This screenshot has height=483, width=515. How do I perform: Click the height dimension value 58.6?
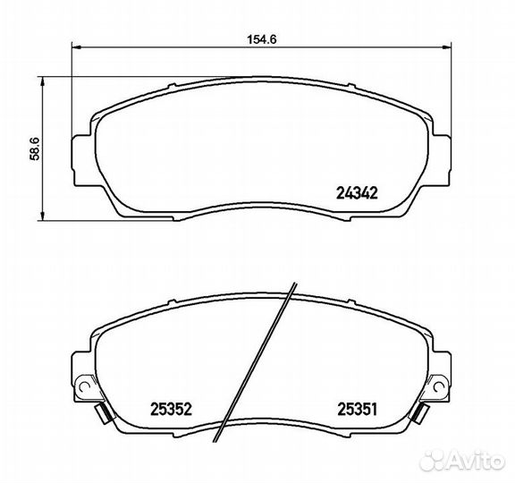[35, 148]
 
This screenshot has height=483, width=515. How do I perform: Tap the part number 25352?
[169, 409]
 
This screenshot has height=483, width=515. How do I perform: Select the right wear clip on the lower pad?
[421, 414]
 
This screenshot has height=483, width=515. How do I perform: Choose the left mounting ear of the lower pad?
[80, 376]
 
